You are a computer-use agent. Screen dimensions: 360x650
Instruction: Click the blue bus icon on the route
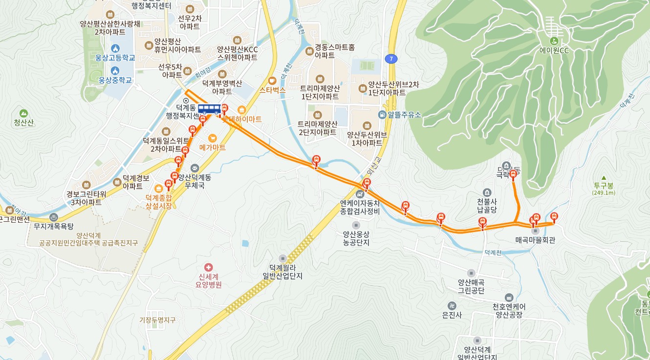(x=209, y=108)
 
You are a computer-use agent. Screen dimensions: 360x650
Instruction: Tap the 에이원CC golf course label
(x=554, y=50)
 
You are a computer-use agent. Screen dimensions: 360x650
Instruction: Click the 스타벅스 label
(x=272, y=90)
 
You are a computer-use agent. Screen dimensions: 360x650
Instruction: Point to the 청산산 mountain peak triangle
(x=23, y=113)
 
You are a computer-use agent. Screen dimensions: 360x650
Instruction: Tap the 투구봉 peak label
(x=604, y=186)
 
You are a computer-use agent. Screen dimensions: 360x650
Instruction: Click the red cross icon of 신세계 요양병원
(x=209, y=267)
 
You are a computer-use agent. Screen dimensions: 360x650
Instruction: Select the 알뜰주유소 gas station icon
(x=382, y=115)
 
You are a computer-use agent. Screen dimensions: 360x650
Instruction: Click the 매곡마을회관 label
(x=535, y=240)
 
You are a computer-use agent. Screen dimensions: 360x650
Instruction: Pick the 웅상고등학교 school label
(x=115, y=58)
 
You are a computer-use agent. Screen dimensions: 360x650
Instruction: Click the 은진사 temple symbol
(x=452, y=305)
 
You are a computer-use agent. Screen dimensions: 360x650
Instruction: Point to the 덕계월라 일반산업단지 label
(x=282, y=272)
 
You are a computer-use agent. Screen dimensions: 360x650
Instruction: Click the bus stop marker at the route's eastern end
(x=554, y=217)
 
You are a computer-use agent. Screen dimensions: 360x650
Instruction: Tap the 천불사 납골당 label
(x=487, y=206)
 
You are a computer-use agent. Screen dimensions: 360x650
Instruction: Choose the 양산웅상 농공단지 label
(x=356, y=238)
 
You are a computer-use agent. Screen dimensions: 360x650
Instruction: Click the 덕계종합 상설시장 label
(x=159, y=202)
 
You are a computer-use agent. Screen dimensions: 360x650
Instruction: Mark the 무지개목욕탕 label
(x=53, y=226)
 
